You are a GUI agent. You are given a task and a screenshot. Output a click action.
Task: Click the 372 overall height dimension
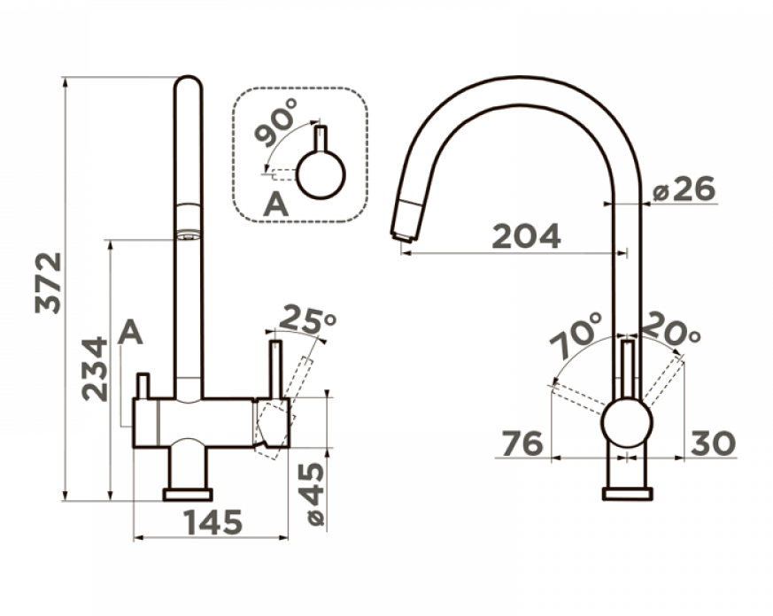coord(49,283)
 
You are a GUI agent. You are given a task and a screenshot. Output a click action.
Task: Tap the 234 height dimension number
coord(94,368)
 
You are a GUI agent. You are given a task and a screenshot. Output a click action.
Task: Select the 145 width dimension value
coord(213,522)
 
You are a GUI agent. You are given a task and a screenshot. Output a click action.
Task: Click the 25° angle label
coord(307,319)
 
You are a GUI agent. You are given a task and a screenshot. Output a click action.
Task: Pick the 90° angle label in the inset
coord(276,122)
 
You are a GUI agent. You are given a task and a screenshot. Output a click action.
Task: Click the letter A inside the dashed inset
coord(275,204)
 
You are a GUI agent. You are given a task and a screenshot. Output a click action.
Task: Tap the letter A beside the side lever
coord(131,332)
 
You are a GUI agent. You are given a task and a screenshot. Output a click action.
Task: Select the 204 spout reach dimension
coord(527,236)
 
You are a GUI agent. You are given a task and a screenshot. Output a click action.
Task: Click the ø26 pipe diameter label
coord(684,189)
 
